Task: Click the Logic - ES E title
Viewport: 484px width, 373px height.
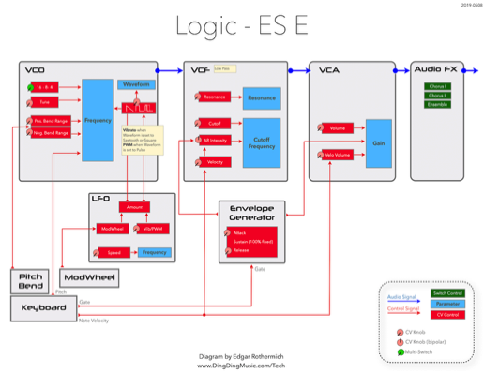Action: coord(241,24)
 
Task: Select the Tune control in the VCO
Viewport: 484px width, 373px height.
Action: coord(47,100)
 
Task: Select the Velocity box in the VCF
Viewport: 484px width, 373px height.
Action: coord(217,161)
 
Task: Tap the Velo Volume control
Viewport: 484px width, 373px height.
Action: coord(339,153)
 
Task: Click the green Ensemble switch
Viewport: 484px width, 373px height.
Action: coord(437,104)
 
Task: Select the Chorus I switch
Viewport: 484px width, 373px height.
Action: coord(437,85)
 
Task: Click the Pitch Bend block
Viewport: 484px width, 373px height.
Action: coord(33,280)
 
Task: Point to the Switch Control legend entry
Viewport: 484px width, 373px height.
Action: coord(447,293)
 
